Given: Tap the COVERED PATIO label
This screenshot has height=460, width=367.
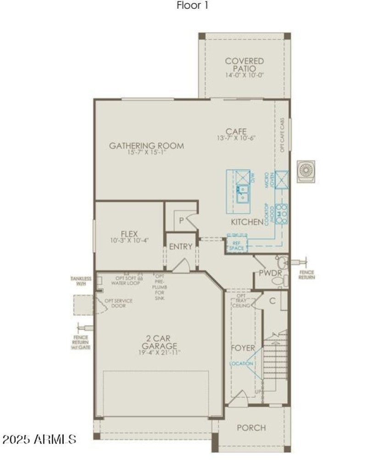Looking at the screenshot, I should [x=245, y=65].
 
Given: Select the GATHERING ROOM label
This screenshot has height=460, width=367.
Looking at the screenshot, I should [x=146, y=146].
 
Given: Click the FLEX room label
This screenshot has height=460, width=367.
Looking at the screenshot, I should [x=129, y=233].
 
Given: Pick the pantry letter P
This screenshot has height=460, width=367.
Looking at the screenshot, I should [x=182, y=221].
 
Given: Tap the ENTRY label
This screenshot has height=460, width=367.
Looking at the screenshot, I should [x=180, y=246].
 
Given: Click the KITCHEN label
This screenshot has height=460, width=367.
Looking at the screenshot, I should [x=247, y=222].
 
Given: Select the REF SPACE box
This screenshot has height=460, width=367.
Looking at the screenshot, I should [x=237, y=245].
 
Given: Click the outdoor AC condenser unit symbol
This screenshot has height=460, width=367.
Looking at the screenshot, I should [x=306, y=171].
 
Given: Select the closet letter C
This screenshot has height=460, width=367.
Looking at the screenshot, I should [x=272, y=301].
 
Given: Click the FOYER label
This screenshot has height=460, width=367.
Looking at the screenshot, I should [x=243, y=348].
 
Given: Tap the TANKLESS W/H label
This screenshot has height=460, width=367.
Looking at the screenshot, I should [x=81, y=281].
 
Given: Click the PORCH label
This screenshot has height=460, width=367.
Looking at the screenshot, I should [x=251, y=428].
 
